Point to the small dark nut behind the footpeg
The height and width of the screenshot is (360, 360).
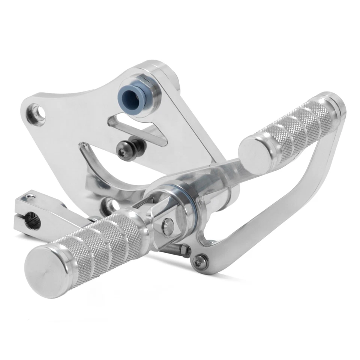click(x=183, y=249)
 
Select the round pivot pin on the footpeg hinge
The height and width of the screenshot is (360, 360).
click(x=167, y=225)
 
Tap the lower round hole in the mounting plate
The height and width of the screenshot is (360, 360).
click(x=110, y=204)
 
